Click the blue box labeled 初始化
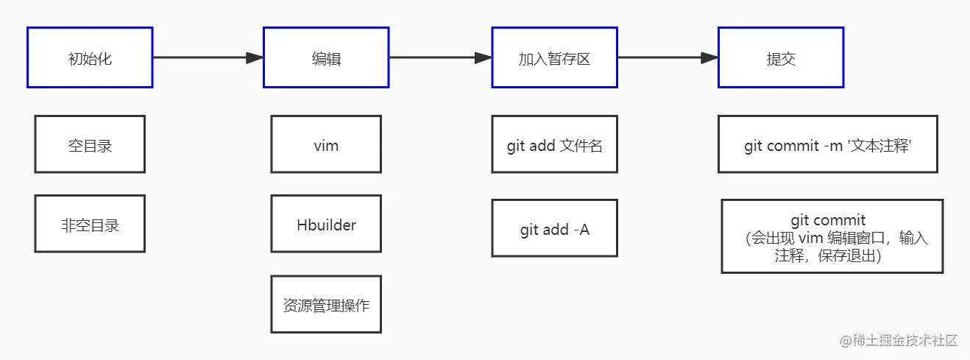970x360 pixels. [x=90, y=57]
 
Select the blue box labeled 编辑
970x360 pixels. [x=326, y=57]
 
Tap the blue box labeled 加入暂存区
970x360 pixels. [x=554, y=57]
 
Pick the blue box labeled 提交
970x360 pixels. [x=781, y=57]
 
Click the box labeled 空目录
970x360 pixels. [x=90, y=144]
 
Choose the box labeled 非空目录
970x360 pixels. [x=90, y=224]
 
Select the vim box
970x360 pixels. [x=326, y=144]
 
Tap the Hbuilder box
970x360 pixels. [x=326, y=224]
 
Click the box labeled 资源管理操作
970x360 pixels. [x=326, y=304]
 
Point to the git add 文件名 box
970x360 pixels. [x=554, y=144]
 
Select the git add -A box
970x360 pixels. [x=554, y=228]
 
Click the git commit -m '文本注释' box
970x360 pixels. [x=828, y=144]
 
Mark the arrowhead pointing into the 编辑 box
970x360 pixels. [x=255, y=57]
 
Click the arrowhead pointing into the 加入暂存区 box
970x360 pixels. [x=483, y=57]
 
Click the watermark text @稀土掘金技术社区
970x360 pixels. [x=899, y=340]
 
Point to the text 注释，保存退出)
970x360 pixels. [x=828, y=255]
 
